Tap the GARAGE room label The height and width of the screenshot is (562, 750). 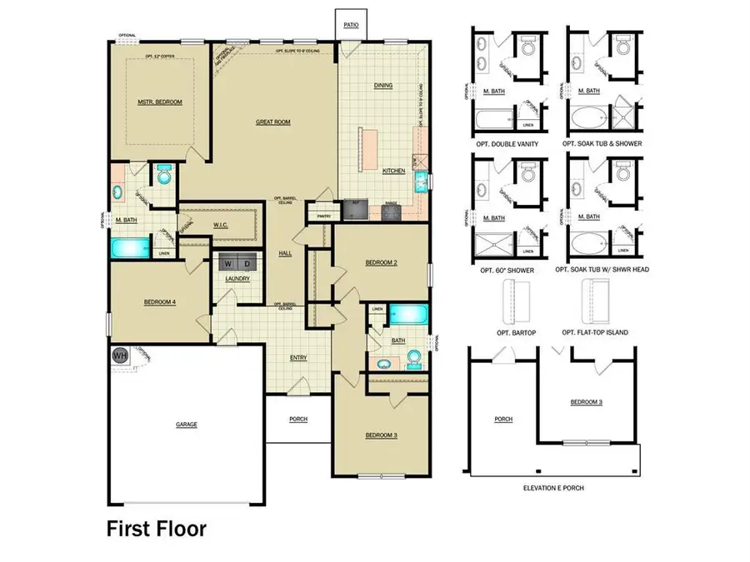tap(186, 425)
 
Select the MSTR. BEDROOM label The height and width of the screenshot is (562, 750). tap(159, 102)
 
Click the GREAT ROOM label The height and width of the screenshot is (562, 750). tap(272, 122)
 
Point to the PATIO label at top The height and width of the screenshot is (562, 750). tap(352, 26)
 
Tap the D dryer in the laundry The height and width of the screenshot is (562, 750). tap(246, 263)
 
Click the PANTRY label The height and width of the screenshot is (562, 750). tap(317, 216)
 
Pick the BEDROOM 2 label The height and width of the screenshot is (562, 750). tap(380, 263)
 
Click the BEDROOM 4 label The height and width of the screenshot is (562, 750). tap(158, 302)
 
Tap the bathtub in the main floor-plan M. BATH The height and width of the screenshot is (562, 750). tap(128, 248)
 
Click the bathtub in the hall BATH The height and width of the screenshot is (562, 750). tap(408, 315)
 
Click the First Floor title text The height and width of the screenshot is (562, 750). tap(156, 528)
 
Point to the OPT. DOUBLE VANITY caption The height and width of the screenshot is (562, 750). tap(504, 144)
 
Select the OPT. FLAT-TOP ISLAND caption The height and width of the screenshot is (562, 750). tap(595, 333)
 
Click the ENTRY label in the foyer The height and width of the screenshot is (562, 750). tap(297, 359)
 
